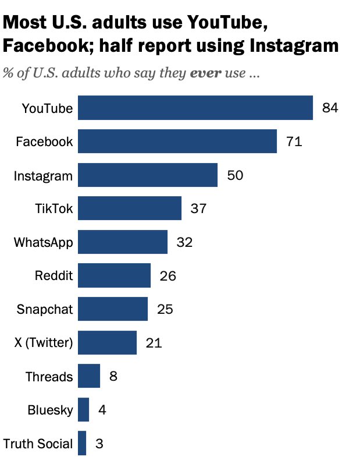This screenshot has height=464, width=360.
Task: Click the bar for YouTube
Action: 195,108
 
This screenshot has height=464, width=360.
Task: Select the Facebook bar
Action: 177,141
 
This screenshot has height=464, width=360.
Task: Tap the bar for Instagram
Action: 147,175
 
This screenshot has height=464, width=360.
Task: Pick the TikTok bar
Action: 129,208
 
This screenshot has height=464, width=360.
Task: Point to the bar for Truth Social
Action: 82,443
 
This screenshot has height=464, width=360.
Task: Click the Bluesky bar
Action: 83,410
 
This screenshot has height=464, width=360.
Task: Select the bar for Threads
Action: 88,376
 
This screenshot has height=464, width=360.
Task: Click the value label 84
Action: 330,108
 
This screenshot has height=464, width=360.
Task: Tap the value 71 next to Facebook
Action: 294,141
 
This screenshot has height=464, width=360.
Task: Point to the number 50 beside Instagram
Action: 234,175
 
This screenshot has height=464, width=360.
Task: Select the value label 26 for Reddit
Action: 167,276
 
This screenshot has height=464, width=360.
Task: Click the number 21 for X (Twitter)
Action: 154,343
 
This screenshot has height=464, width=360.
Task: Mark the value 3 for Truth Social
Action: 99,444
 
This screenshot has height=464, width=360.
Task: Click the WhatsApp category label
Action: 44,242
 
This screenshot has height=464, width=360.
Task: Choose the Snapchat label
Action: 45,309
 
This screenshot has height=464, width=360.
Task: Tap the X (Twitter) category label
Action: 44,343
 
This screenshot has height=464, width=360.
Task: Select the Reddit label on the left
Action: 54,276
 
